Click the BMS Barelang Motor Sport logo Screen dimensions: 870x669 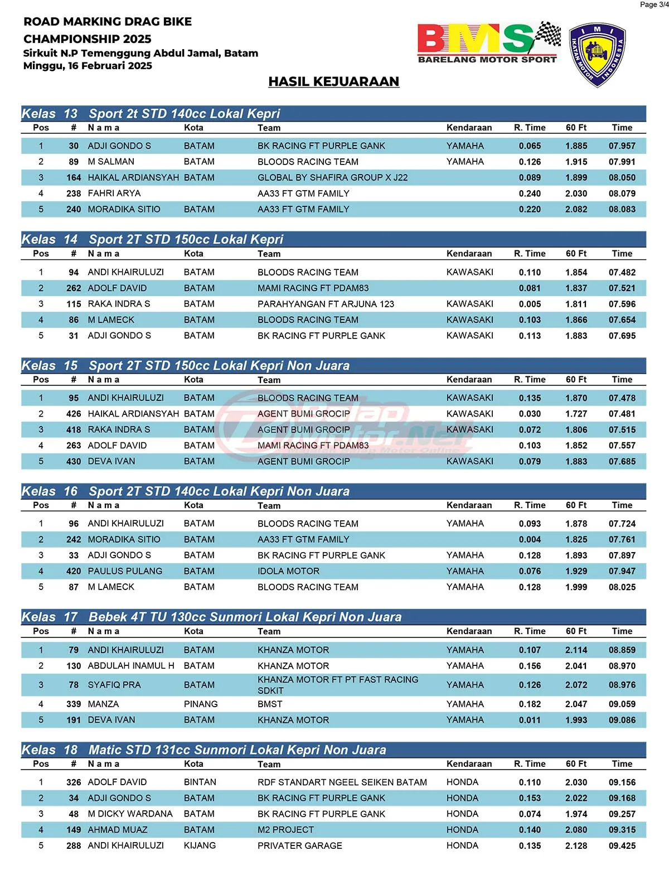(488, 43)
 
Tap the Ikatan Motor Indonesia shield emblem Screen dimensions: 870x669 (597, 55)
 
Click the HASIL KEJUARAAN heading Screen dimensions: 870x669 (333, 81)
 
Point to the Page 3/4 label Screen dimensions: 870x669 (654, 4)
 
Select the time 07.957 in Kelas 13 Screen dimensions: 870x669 (622, 146)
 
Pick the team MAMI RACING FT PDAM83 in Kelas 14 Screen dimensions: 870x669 (313, 288)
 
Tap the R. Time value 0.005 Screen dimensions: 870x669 (530, 304)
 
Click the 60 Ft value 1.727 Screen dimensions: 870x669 (576, 414)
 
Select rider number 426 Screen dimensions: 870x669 (74, 414)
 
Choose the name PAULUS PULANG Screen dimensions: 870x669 (125, 571)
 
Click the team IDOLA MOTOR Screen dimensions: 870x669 (288, 571)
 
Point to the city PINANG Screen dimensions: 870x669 (201, 704)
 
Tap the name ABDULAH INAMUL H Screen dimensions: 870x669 (131, 666)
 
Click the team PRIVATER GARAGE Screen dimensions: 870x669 (299, 845)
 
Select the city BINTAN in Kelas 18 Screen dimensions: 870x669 (200, 782)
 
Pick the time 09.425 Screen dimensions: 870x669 (622, 845)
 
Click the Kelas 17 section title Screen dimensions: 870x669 (212, 617)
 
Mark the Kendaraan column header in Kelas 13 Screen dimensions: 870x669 (469, 128)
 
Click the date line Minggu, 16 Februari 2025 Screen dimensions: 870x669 (88, 66)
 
